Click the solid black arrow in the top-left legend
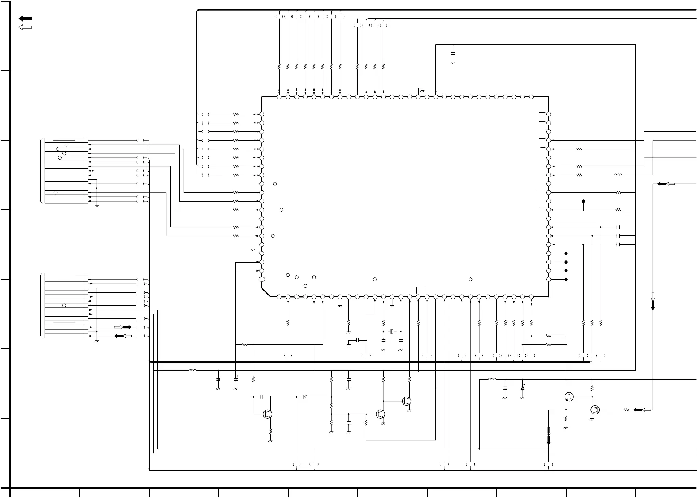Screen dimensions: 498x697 [25, 19]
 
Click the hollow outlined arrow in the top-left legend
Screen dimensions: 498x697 [25, 27]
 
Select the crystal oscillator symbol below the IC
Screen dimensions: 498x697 [392, 332]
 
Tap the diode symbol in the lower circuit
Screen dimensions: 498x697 [305, 397]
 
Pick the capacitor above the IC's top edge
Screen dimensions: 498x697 [453, 53]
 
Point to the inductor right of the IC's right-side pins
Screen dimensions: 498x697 [618, 175]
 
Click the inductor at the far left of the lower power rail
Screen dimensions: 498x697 [192, 371]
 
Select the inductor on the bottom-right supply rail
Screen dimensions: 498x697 [492, 379]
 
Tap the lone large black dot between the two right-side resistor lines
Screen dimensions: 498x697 [583, 201]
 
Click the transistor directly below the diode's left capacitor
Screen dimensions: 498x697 [267, 414]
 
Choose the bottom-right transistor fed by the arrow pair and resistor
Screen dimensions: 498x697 [595, 410]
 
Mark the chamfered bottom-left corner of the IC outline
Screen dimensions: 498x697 [266, 292]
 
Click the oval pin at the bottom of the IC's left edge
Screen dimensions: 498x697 [262, 280]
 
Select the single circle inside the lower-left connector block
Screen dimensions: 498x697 [64, 306]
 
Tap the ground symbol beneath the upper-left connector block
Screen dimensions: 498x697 [96, 207]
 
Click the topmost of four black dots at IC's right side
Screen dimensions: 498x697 [566, 253]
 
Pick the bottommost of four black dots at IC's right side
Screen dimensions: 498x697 [566, 280]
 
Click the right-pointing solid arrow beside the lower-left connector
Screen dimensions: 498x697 [127, 327]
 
